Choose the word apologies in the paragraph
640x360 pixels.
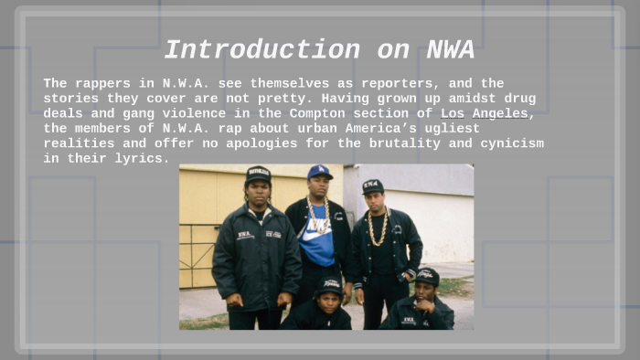tap(235, 143)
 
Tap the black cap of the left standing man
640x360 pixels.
tap(259, 173)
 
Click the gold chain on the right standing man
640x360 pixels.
tap(377, 228)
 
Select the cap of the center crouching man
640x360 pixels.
tap(329, 284)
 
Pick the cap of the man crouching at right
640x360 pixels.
tap(427, 274)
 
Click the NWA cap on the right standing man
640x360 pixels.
tap(372, 185)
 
